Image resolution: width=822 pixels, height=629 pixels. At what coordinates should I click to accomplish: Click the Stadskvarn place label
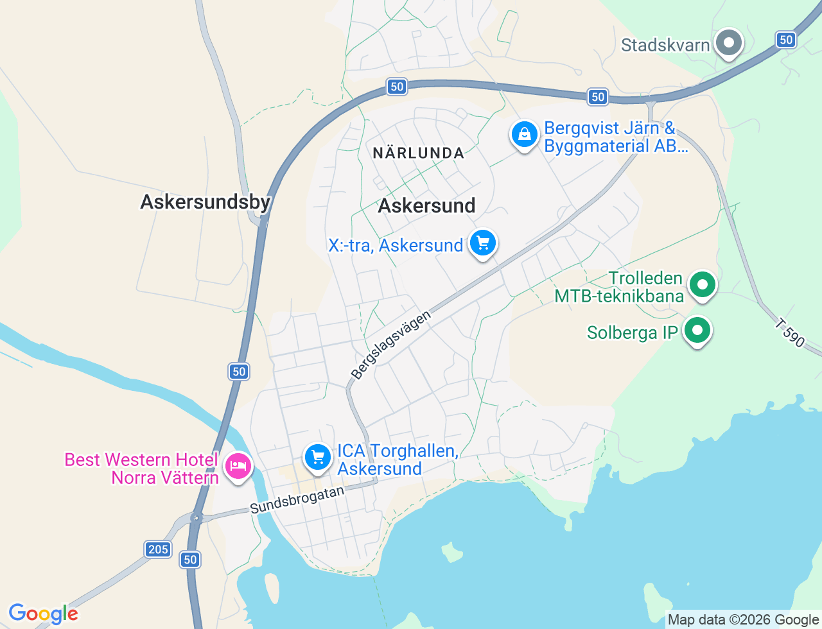pos(665,45)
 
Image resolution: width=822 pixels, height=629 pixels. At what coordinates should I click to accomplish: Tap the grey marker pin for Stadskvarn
pos(728,43)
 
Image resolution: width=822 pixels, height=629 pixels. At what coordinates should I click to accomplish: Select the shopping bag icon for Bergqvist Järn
pos(525,135)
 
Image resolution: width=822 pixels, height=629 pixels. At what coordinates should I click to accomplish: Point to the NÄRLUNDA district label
pos(418,153)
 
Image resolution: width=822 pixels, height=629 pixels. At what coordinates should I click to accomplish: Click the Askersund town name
pos(426,205)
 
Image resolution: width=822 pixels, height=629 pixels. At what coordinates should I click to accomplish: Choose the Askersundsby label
pos(205,202)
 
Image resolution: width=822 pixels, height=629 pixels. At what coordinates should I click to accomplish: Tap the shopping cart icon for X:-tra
pos(483,243)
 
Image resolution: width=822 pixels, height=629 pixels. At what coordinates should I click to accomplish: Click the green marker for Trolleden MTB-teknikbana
pos(702,284)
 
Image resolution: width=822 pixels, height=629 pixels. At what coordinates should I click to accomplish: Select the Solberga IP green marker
pos(697,331)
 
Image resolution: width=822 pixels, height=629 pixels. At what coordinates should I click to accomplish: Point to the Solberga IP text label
pos(632,332)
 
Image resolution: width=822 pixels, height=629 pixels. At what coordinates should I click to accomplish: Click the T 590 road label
pos(789,333)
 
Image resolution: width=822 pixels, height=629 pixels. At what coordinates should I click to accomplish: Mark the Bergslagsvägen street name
pos(390,345)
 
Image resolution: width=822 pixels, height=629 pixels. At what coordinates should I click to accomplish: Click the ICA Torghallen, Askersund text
pos(398,460)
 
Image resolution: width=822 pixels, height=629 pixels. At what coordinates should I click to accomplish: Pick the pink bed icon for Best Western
pos(238,465)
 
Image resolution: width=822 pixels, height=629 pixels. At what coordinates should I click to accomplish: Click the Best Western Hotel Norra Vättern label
pos(142,469)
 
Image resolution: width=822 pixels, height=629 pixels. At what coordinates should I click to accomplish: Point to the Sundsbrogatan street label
pos(297,499)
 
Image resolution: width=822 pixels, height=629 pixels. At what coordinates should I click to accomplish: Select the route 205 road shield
pos(158,549)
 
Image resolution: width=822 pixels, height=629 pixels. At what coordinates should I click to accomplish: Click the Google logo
pos(43,614)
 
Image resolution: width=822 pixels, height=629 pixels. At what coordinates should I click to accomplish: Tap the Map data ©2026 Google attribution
pos(743,620)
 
